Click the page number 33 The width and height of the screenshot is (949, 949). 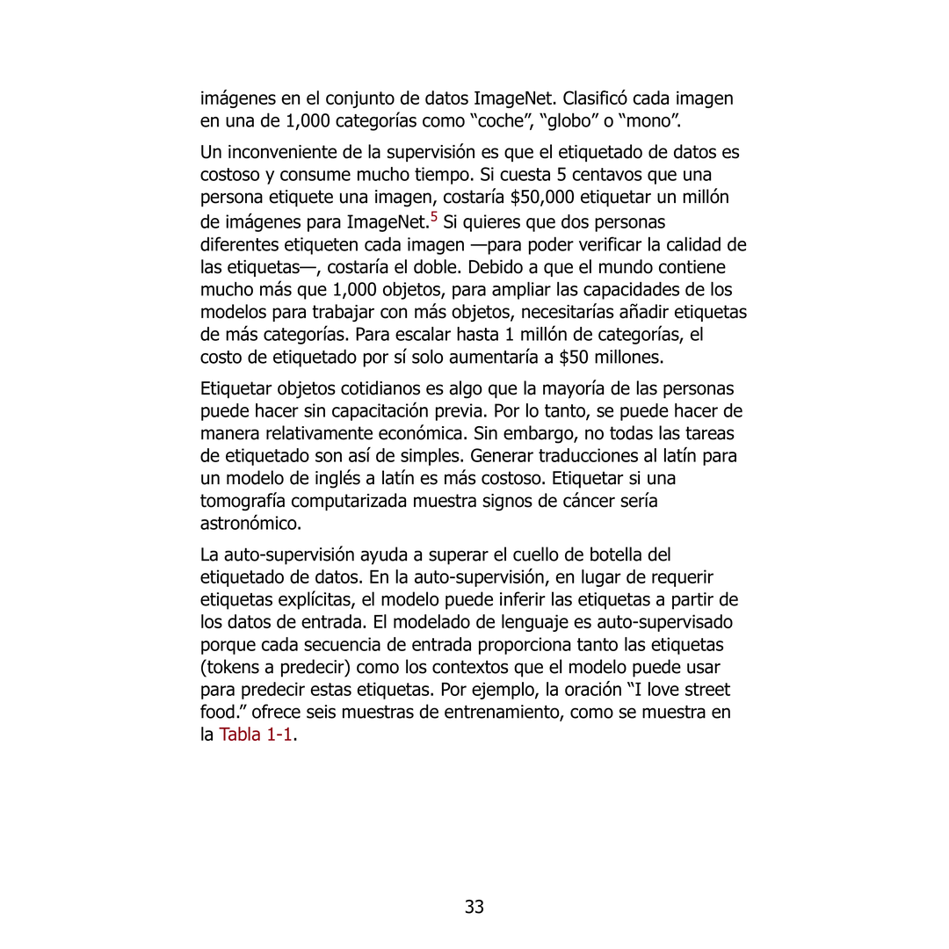[x=474, y=907]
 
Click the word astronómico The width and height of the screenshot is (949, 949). [x=251, y=524]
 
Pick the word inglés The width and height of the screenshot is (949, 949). [x=351, y=479]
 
